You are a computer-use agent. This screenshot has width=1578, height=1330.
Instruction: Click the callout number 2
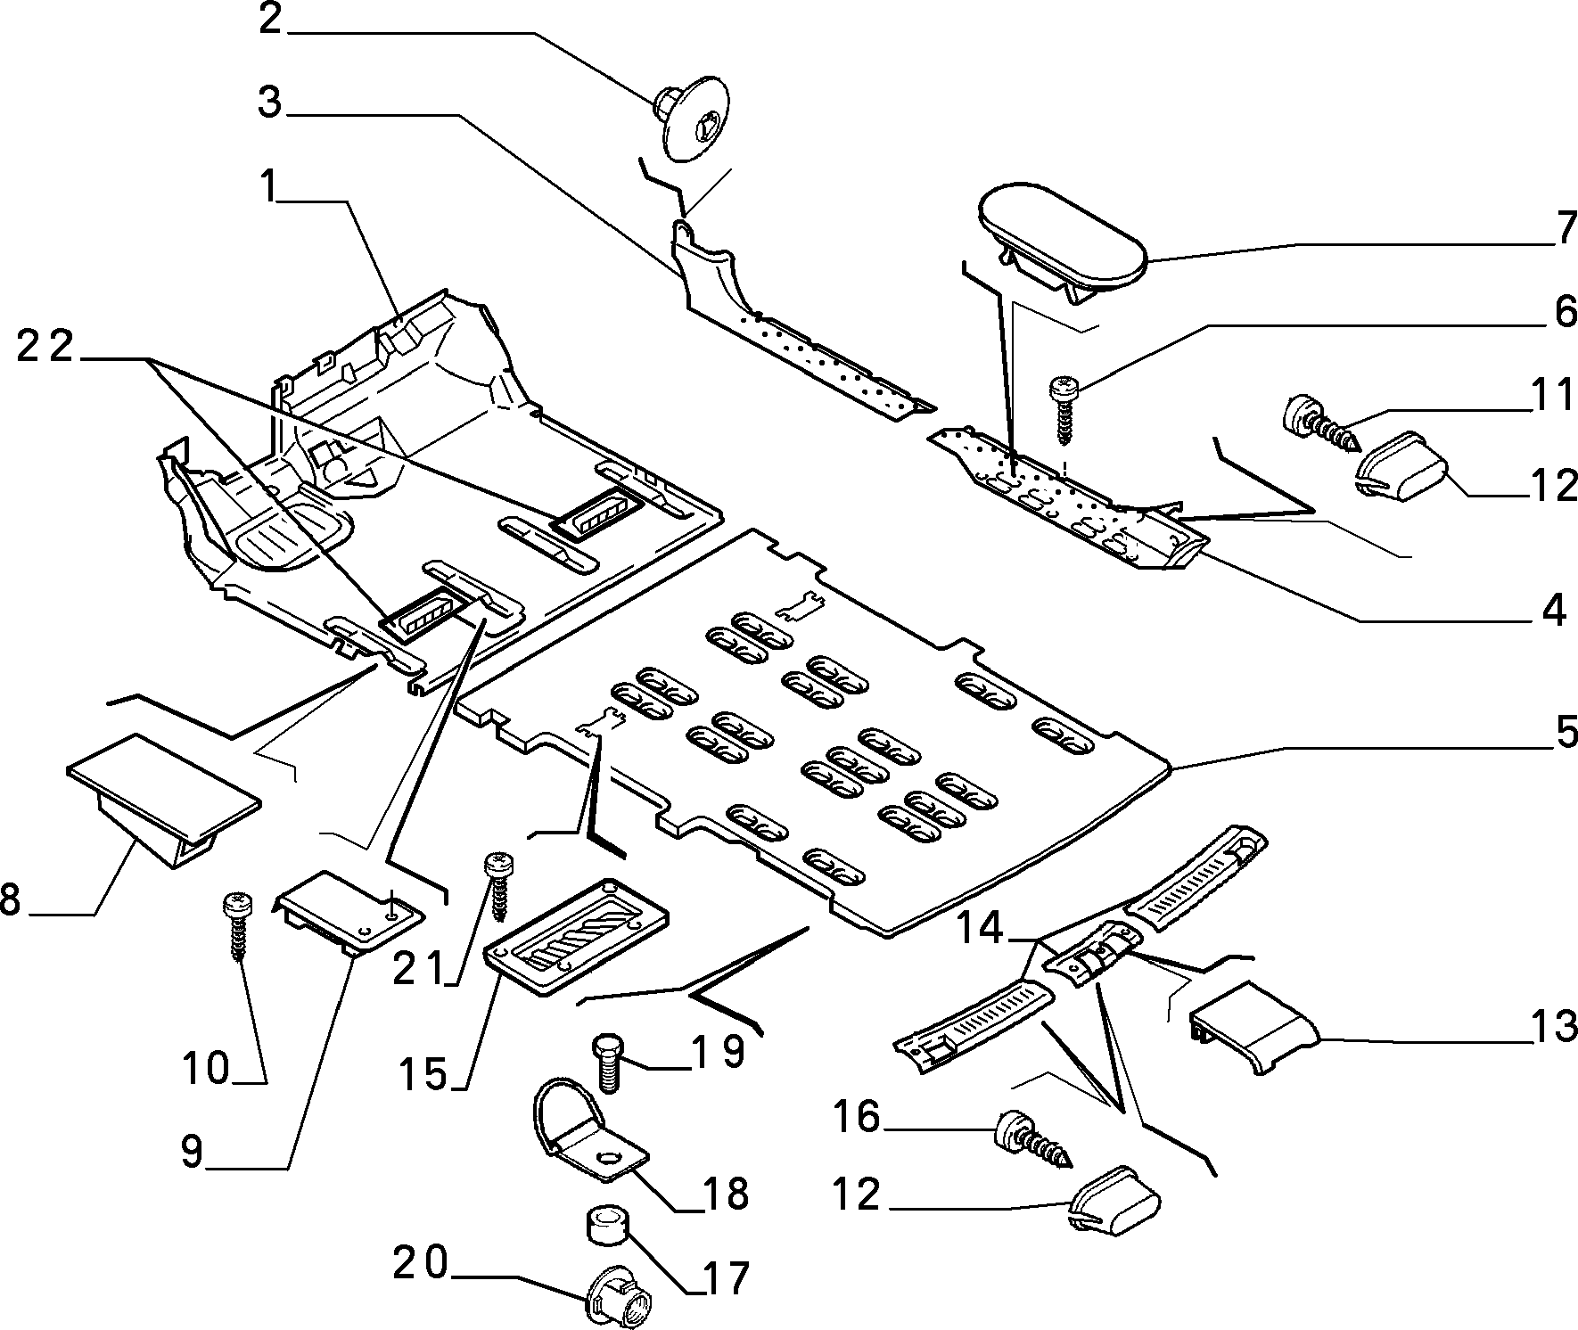(x=270, y=19)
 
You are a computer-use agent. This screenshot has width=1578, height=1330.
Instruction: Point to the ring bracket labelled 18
(x=588, y=1132)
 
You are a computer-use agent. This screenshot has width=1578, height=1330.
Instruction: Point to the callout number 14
(x=982, y=931)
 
